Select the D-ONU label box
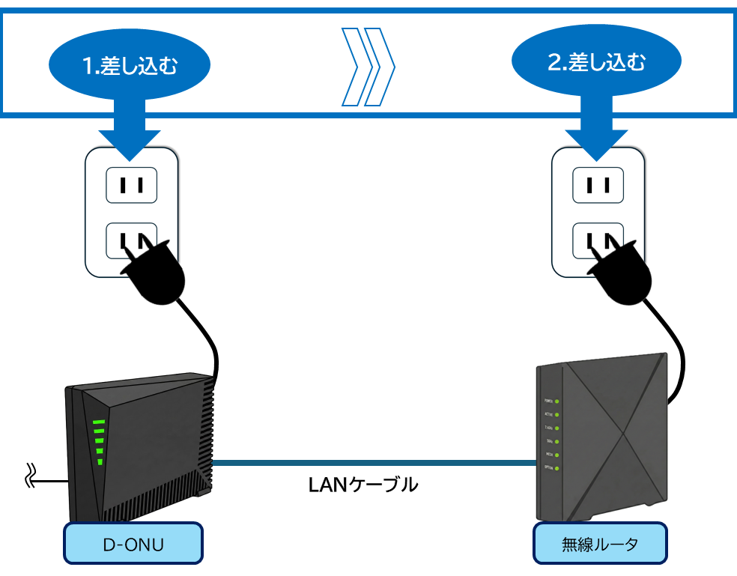click(133, 543)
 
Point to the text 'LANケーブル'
click(363, 485)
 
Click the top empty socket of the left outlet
click(131, 184)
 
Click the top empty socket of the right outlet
click(598, 184)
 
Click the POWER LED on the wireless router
click(557, 401)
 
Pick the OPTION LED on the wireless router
click(557, 468)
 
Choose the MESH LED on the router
click(557, 455)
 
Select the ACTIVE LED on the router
click(557, 414)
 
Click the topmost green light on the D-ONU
click(97, 422)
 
